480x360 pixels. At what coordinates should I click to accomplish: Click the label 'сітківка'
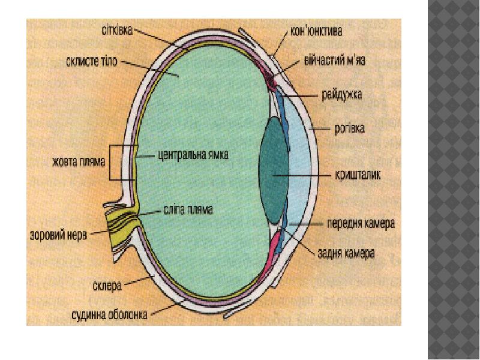click(115, 28)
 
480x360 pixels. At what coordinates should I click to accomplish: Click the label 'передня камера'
click(360, 224)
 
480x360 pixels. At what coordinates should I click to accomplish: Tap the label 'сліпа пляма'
click(188, 211)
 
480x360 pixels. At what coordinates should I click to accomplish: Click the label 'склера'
click(107, 286)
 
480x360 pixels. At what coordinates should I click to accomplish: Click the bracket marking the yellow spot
click(111, 163)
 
